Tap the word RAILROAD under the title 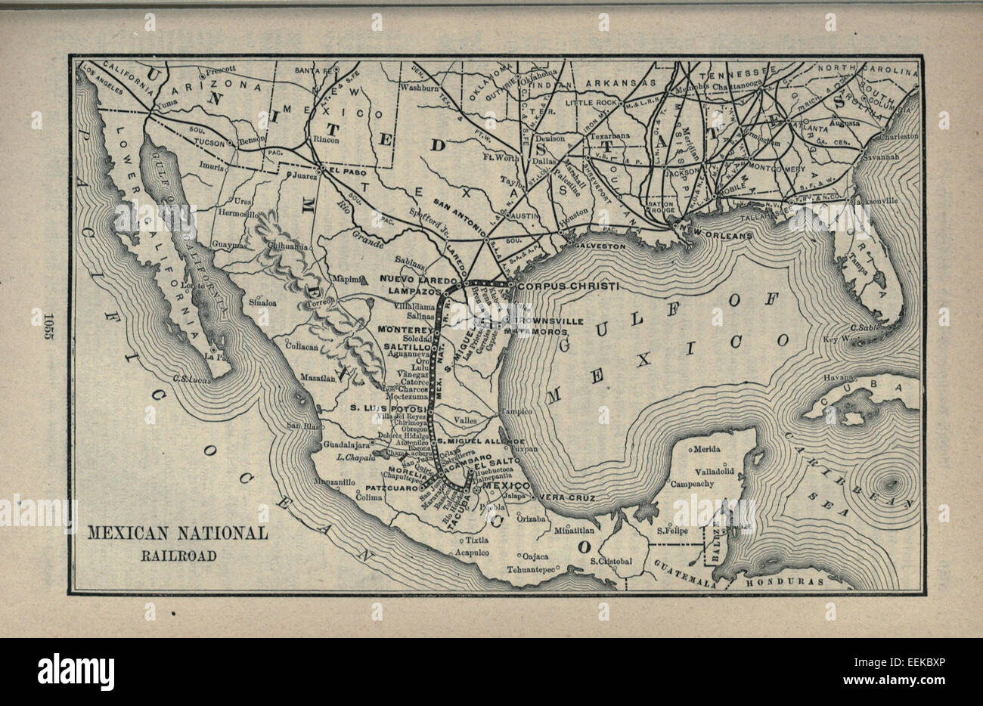(177, 556)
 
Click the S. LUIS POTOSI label (387, 408)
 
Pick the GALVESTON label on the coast (600, 246)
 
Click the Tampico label (518, 411)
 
